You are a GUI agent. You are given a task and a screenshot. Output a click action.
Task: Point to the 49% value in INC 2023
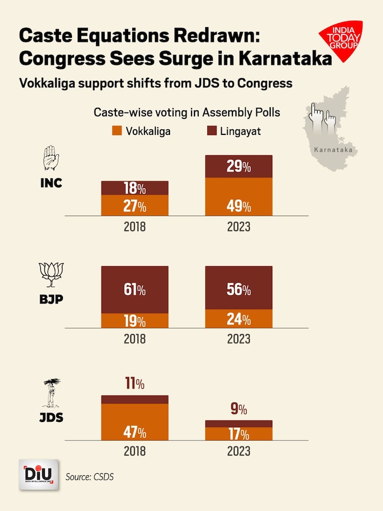point(239,206)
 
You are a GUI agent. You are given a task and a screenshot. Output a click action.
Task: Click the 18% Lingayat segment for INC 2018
point(135,188)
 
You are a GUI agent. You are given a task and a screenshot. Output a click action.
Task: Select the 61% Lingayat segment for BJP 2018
point(135,290)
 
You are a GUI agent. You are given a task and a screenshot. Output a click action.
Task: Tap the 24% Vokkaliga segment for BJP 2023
point(239,319)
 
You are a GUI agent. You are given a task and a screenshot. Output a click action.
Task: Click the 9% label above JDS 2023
point(238,409)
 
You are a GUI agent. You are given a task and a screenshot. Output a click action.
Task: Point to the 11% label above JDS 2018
point(135,383)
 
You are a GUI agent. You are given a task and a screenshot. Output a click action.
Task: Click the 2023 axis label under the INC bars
point(239,226)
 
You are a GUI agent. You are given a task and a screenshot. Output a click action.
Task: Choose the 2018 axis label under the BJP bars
point(135,339)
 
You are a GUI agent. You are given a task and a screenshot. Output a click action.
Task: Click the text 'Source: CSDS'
point(90,477)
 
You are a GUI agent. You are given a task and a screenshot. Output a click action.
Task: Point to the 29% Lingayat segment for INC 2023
point(239,167)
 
